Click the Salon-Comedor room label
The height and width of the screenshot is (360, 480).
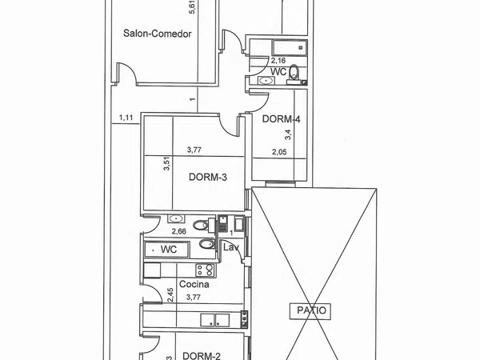coord(158,34)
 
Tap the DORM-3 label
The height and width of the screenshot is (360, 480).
coord(208,177)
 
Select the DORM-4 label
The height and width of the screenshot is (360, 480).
coord(281,118)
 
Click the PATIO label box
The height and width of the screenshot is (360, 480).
coord(310,310)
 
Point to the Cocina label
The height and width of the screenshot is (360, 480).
coord(194,284)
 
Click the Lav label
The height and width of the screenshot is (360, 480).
coord(231,247)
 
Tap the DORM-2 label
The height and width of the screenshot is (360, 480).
coord(201,356)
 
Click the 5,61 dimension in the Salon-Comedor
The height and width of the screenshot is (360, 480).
coord(193,7)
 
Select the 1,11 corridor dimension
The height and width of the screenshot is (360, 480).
coord(126,118)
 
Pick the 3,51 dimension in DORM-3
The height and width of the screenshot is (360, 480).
coord(166,163)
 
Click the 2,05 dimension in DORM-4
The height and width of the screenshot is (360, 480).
coord(279,152)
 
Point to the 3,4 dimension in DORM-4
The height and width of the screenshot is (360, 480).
coord(288,134)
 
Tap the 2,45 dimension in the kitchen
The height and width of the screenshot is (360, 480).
coord(170,294)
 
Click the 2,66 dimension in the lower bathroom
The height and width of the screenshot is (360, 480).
coord(178,231)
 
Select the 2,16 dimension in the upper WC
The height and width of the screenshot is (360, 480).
coord(278,60)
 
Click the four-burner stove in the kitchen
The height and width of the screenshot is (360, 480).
coord(206,270)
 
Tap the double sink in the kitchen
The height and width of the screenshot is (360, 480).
coord(215,320)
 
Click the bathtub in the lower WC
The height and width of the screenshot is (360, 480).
coord(167,250)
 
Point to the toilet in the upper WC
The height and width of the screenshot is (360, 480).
coord(294,72)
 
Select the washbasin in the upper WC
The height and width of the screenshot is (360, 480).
coord(266,81)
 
